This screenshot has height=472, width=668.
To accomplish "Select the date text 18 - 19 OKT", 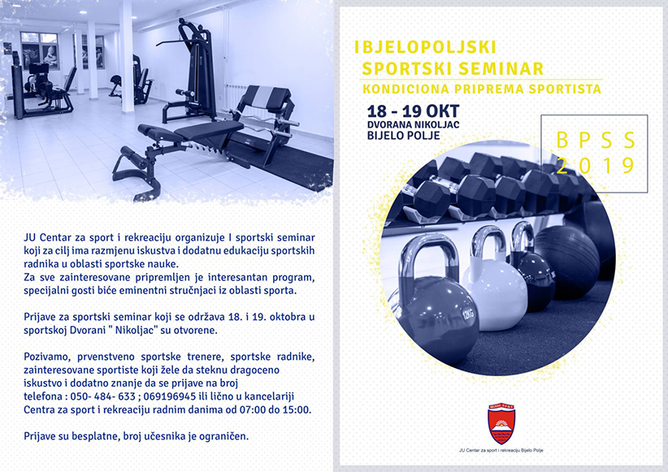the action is pyautogui.click(x=413, y=111).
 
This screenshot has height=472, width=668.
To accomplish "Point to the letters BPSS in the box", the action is pyautogui.click(x=596, y=141).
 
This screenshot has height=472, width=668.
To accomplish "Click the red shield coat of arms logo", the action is pyautogui.click(x=501, y=424).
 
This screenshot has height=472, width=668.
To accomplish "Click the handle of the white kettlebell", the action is pyautogui.click(x=488, y=242).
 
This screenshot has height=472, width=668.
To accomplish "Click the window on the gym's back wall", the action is pyautogui.click(x=40, y=50).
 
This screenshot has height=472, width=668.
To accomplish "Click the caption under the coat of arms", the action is pyautogui.click(x=501, y=450).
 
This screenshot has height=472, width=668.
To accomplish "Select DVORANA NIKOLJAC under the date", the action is pyautogui.click(x=414, y=125).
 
